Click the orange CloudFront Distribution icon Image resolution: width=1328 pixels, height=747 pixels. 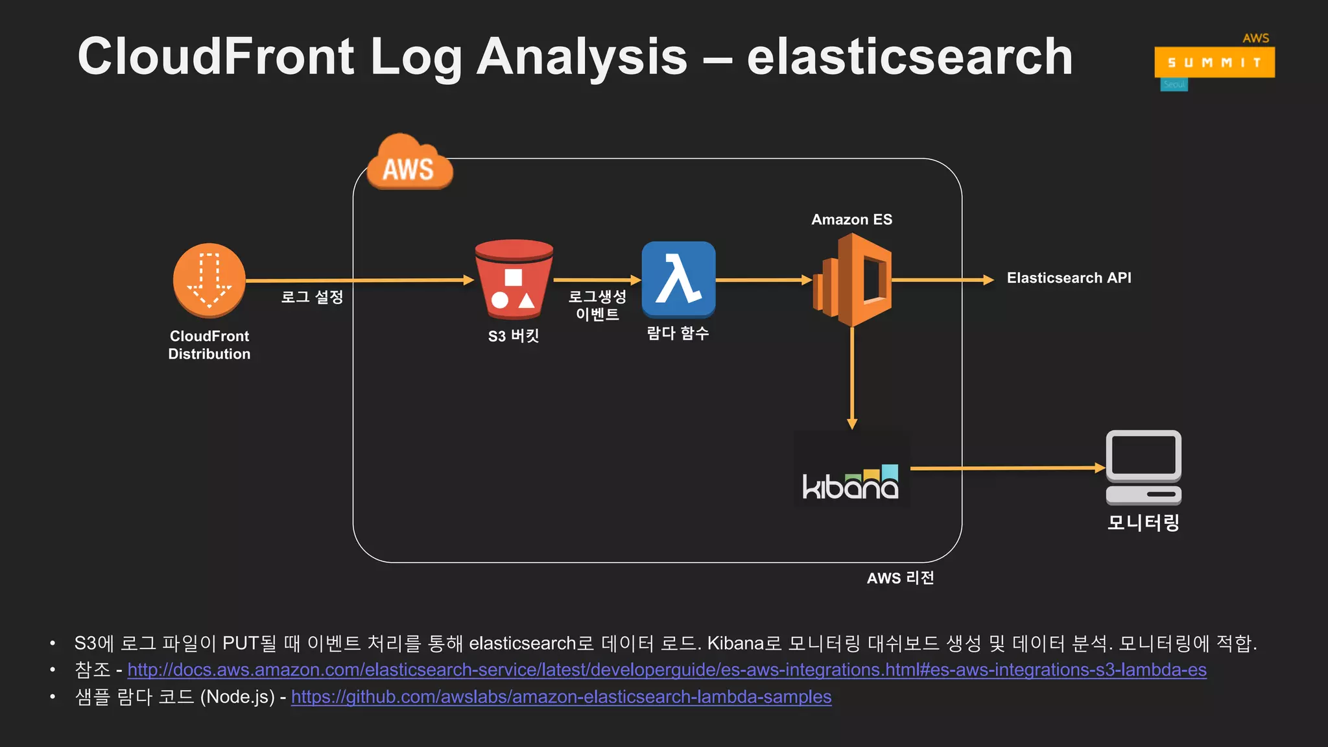[209, 280]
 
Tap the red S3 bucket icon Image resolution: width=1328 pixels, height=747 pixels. [514, 279]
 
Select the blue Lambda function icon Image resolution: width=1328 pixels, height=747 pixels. [678, 279]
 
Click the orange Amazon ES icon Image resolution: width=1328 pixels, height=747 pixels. [852, 280]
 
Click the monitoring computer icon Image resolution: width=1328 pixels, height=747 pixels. [1143, 468]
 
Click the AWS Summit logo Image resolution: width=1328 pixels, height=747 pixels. [1214, 62]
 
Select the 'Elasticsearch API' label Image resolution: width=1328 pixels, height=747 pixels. [1069, 278]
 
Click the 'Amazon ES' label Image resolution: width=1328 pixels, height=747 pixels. [851, 220]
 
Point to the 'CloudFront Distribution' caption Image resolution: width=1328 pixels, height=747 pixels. [209, 345]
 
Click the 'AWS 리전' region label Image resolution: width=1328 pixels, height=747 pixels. [900, 578]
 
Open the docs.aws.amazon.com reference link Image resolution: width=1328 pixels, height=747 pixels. [667, 670]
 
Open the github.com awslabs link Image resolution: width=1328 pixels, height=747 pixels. [561, 697]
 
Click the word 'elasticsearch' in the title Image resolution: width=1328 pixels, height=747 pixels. [909, 57]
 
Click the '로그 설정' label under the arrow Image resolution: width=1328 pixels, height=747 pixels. [312, 298]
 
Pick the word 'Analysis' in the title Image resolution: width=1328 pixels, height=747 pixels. [582, 57]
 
